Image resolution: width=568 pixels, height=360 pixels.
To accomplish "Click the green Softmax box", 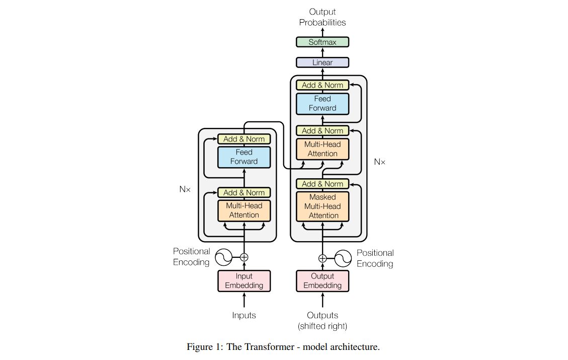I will [322, 42].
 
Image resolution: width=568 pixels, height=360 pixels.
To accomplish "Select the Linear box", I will [322, 62].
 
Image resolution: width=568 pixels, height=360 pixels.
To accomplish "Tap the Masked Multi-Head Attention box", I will [322, 206].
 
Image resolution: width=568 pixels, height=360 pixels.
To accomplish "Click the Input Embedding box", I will [244, 281].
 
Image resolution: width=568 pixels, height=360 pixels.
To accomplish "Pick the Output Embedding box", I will [322, 281].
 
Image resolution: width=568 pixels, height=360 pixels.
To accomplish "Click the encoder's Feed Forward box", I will [244, 157].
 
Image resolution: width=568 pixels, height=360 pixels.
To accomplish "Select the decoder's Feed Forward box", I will [322, 103].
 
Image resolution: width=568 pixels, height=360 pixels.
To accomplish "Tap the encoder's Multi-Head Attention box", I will [244, 210].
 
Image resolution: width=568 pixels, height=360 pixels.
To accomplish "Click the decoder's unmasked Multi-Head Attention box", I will [322, 149].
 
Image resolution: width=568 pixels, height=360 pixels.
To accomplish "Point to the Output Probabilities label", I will [322, 17].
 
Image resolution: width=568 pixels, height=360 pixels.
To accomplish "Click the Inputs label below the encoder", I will [244, 316].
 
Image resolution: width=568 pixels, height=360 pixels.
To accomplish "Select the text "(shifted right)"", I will [322, 326].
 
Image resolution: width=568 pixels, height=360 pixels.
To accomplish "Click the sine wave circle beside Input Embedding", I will [223, 257].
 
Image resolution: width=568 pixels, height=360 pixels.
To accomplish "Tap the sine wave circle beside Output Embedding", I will [343, 258].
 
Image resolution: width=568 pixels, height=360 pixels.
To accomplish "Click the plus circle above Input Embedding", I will [244, 257].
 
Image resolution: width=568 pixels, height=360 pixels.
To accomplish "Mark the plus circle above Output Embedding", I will [322, 258].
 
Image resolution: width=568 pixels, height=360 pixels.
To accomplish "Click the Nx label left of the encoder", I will [185, 190].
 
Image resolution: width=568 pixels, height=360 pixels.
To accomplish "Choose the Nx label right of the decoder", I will [380, 162].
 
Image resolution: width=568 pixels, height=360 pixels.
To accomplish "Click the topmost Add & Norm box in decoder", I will [322, 85].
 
